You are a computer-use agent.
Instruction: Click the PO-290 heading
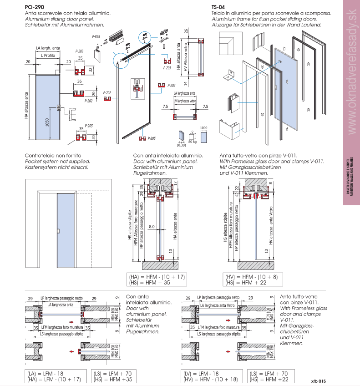point(35,7)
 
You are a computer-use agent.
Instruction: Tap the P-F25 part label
point(96,36)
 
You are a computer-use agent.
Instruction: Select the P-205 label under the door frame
point(152,138)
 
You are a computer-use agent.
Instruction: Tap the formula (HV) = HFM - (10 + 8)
point(251,277)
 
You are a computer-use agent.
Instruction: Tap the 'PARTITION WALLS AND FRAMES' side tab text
point(351,178)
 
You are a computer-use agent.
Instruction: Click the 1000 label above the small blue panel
point(203,128)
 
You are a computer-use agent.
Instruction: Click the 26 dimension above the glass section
point(186,31)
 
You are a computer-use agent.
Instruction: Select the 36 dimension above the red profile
point(80,81)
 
